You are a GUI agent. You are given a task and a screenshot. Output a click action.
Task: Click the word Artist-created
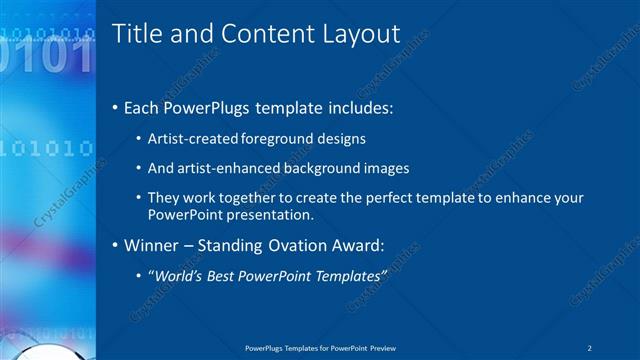tap(190, 139)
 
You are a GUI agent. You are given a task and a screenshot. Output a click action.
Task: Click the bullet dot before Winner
tap(115, 245)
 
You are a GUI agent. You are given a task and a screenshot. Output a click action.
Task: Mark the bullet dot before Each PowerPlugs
tap(115, 107)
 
